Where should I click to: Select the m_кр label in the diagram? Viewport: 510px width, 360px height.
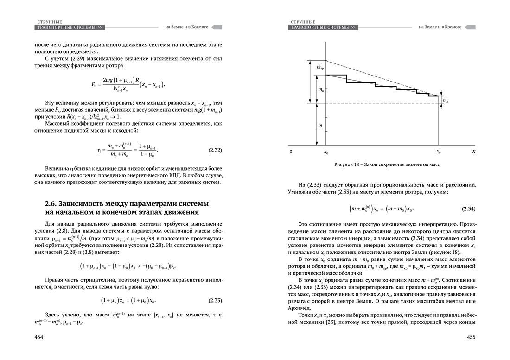point(319,68)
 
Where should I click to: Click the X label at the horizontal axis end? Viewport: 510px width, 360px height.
point(473,152)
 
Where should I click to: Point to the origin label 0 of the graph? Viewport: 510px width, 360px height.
point(291,152)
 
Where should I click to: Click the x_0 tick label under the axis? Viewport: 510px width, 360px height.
point(326,152)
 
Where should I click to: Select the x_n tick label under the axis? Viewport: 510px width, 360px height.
point(439,152)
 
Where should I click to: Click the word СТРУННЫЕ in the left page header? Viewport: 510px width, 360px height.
point(48,22)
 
